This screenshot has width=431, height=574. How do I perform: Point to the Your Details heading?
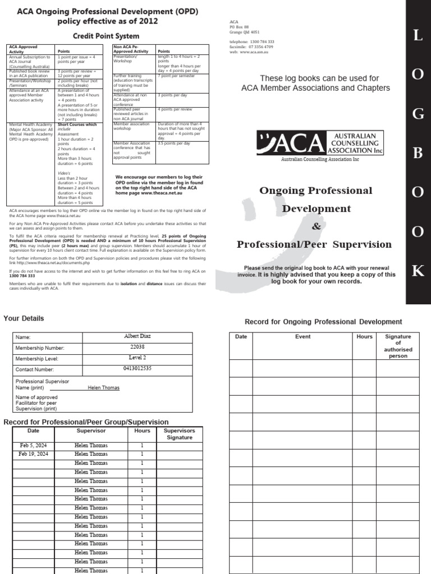[x=24, y=318]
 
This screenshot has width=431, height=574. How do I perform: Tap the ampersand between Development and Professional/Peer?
[x=314, y=226]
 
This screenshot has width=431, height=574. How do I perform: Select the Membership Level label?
[x=40, y=359]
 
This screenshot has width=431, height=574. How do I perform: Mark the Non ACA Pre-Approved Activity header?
[x=131, y=49]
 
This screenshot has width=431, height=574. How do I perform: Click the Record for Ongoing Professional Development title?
[x=323, y=322]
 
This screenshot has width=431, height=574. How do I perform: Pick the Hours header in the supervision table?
[x=142, y=431]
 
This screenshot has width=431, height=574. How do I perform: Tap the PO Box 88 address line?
[x=240, y=27]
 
